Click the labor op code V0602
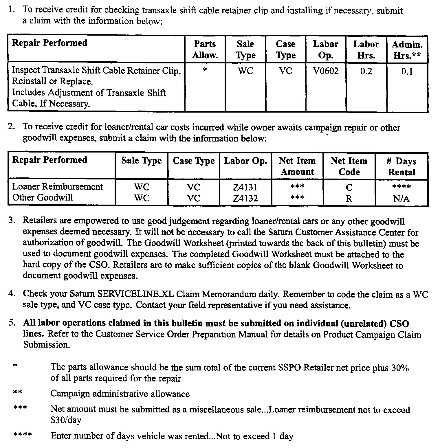326,71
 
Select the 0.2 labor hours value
366,71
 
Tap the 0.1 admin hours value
407,71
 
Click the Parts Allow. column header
205,49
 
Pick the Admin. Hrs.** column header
407,50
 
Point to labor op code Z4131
245,187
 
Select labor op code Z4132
245,198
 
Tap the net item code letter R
349,199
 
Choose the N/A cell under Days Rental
401,199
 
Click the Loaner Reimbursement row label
57,187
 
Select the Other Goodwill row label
43,198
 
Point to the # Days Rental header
401,166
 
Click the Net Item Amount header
297,166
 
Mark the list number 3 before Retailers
11,221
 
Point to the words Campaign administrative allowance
120,394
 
